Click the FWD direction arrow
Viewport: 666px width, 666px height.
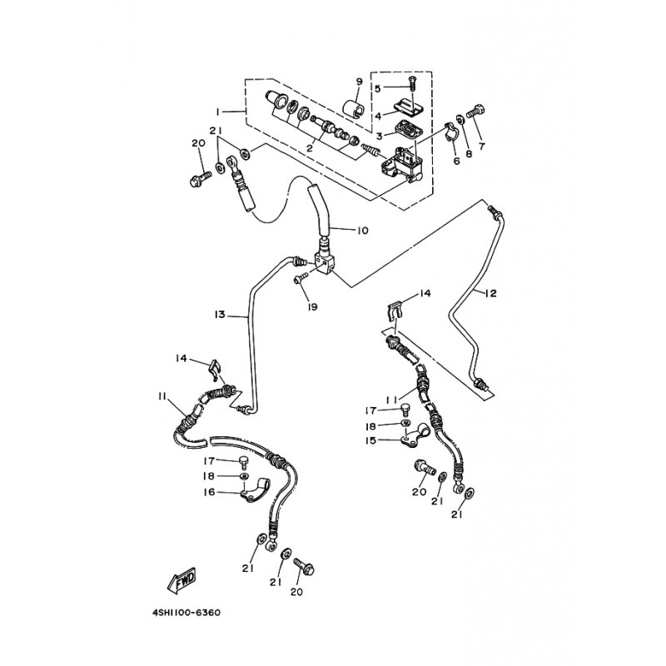click(181, 579)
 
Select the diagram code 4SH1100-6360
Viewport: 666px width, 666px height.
click(186, 613)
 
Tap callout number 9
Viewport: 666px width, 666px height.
click(359, 82)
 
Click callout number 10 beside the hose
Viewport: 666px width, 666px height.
click(362, 231)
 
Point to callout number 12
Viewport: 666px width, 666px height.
click(490, 293)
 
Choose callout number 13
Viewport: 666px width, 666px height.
click(220, 315)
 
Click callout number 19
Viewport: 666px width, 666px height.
click(312, 306)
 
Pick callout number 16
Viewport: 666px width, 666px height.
click(210, 492)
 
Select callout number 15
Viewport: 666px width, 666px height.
click(370, 440)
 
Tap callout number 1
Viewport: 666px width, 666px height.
click(217, 112)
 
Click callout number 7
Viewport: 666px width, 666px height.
click(482, 147)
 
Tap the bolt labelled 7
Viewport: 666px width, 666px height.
click(475, 112)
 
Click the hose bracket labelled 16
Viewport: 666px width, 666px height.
click(256, 491)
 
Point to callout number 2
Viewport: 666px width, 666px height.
click(310, 148)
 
